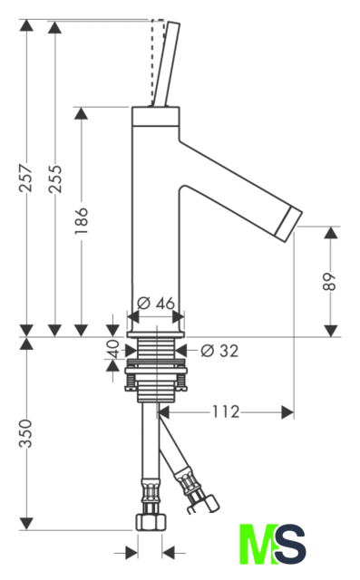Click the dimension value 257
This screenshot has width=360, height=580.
26,178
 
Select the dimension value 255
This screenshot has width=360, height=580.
55,179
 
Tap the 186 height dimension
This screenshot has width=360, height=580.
81,220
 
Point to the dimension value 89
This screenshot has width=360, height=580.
329,282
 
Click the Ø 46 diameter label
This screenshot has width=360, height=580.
156,304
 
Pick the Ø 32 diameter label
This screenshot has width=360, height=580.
219,351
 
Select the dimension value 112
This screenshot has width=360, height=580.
225,411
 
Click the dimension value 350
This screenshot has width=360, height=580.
26,433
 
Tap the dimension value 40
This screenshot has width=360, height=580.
112,348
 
